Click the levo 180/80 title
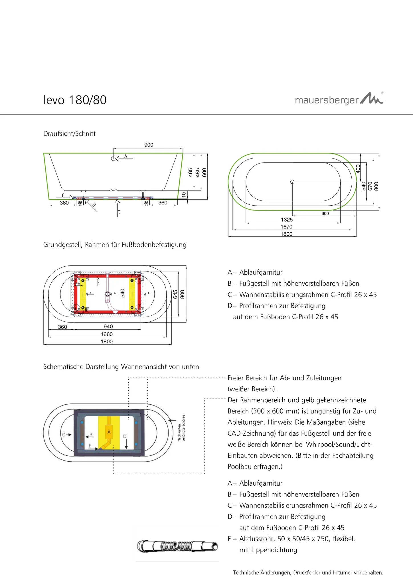[x=75, y=100]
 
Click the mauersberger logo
[x=339, y=99]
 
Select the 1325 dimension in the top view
[x=287, y=220]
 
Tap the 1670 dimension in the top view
[x=287, y=227]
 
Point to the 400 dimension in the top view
[x=358, y=169]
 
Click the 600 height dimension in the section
[x=204, y=173]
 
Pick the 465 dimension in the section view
[x=191, y=173]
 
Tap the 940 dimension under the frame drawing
[x=108, y=327]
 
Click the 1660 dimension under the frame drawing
[x=107, y=334]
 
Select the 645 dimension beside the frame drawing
[x=175, y=294]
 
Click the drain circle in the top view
[x=292, y=182]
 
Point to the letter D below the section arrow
[x=119, y=212]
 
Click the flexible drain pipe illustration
[x=177, y=546]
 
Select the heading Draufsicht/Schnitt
[x=69, y=134]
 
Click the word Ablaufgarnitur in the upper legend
[x=261, y=272]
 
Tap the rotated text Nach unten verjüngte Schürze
[x=181, y=428]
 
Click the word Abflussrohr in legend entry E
[x=255, y=539]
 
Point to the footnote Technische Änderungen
[x=308, y=572]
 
